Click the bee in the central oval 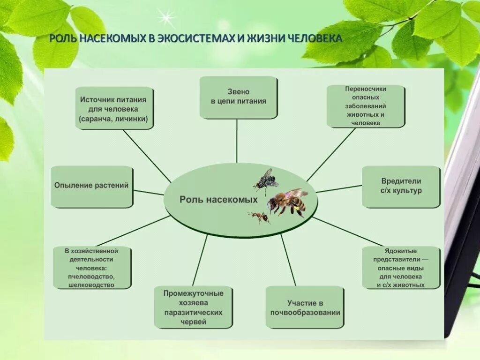click(287, 202)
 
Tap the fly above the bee click(266, 181)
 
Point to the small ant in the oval click(258, 217)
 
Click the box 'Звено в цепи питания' click(238, 97)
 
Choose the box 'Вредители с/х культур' click(401, 186)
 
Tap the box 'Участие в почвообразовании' click(305, 307)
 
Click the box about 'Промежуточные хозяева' click(193, 307)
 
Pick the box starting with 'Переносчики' click(365, 105)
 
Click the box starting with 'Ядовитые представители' click(401, 267)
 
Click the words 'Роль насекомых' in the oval click(218, 200)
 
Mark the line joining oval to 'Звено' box click(237, 141)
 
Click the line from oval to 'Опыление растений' click(149, 192)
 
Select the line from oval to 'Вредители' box click(338, 189)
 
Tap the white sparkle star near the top click(165, 18)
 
